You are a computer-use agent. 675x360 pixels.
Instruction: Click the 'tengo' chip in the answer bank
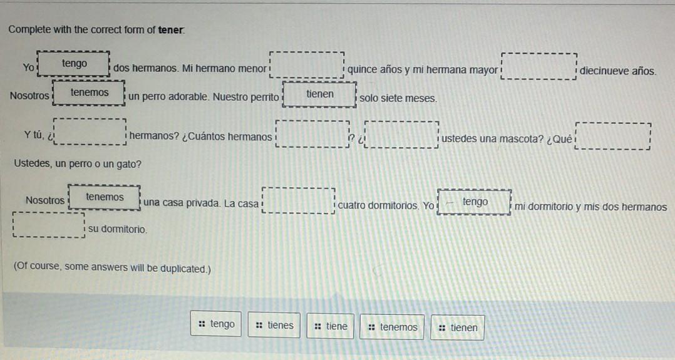pos(217,324)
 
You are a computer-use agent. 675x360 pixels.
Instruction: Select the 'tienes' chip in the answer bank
pos(274,326)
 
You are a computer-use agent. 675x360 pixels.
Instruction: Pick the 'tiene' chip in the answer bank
pos(331,326)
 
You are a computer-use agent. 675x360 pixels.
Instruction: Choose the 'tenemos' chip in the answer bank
pos(392,327)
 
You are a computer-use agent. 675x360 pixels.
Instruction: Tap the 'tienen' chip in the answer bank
pos(458,327)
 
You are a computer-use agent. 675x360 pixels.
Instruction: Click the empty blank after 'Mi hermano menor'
pos(307,65)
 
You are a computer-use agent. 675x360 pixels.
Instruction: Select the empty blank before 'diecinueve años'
pos(538,67)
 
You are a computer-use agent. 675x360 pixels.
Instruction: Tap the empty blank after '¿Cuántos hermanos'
pos(311,134)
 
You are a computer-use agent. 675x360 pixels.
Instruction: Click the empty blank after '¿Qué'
pos(613,136)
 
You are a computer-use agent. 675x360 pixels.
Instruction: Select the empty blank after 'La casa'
pos(298,200)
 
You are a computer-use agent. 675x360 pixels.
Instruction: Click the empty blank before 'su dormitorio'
pos(48,226)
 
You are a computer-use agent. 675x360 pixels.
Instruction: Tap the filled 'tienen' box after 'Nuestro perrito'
pos(320,95)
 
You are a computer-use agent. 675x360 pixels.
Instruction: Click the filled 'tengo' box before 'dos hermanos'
pos(75,64)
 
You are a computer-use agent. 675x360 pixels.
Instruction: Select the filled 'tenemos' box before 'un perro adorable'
pos(90,93)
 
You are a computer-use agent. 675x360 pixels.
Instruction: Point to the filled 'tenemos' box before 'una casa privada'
pos(105,197)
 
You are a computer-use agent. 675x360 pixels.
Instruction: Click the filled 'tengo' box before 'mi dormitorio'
pos(475,202)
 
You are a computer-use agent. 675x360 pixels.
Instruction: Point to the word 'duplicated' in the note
pos(183,269)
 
